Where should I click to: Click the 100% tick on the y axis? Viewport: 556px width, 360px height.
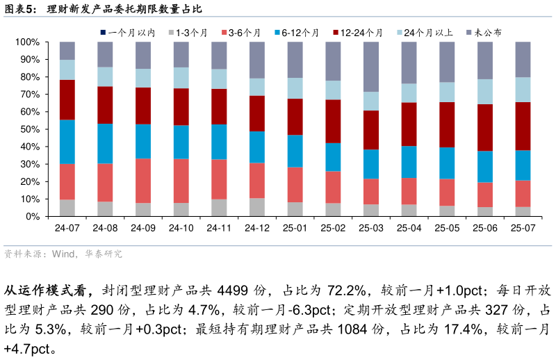pyautogui.click(x=28, y=42)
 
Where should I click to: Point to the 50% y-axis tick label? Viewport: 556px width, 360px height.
pyautogui.click(x=30, y=129)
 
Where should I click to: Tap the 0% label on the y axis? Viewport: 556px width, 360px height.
pyautogui.click(x=32, y=217)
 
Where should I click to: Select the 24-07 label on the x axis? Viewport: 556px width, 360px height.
pyautogui.click(x=67, y=228)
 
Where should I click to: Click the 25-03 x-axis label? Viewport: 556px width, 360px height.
pyautogui.click(x=371, y=228)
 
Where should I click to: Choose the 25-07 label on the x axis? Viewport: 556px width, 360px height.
pyautogui.click(x=523, y=228)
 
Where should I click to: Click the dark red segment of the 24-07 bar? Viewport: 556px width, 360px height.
pyautogui.click(x=67, y=99)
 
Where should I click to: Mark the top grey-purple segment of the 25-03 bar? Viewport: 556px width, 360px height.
pyautogui.click(x=371, y=67)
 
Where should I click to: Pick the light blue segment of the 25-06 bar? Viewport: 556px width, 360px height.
pyautogui.click(x=485, y=92)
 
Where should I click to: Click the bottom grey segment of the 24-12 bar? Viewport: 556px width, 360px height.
pyautogui.click(x=257, y=207)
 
